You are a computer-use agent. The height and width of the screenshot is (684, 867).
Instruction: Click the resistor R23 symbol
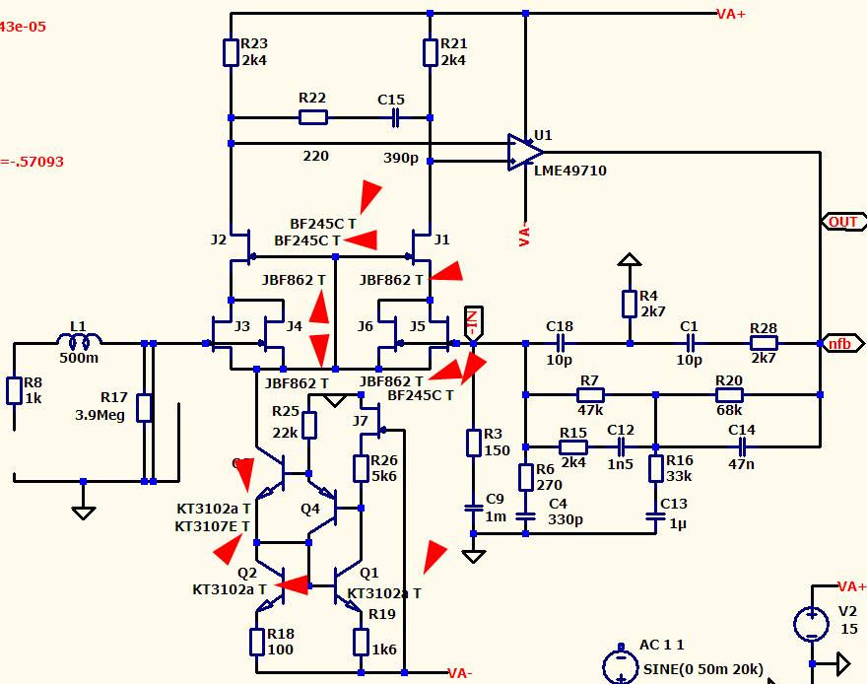point(231,52)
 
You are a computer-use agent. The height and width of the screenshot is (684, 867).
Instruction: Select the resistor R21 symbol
point(431,52)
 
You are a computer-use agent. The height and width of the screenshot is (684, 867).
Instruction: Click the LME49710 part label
point(569,171)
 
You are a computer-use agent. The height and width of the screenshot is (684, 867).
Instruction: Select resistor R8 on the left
point(14,390)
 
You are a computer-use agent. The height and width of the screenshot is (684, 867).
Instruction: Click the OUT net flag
point(842,222)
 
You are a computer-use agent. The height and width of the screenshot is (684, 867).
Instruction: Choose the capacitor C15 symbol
point(395,118)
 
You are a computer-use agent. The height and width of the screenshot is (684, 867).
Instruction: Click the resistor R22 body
point(313,118)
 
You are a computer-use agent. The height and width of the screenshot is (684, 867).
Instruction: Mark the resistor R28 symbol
point(764,343)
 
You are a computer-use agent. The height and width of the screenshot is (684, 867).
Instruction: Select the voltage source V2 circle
point(811,623)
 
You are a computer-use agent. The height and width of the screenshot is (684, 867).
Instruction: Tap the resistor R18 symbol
point(256,642)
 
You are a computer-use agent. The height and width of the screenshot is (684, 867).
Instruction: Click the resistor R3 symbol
point(474,443)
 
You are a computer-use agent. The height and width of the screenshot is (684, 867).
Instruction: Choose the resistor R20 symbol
point(729,394)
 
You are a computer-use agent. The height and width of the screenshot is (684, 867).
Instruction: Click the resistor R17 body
point(145,408)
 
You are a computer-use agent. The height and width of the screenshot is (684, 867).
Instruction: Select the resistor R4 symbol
point(629,304)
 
